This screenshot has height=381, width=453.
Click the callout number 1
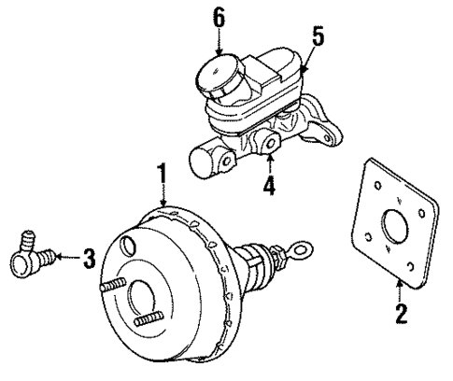click(x=162, y=175)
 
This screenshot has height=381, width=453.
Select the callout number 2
click(x=402, y=315)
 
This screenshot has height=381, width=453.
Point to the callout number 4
click(x=268, y=185)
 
